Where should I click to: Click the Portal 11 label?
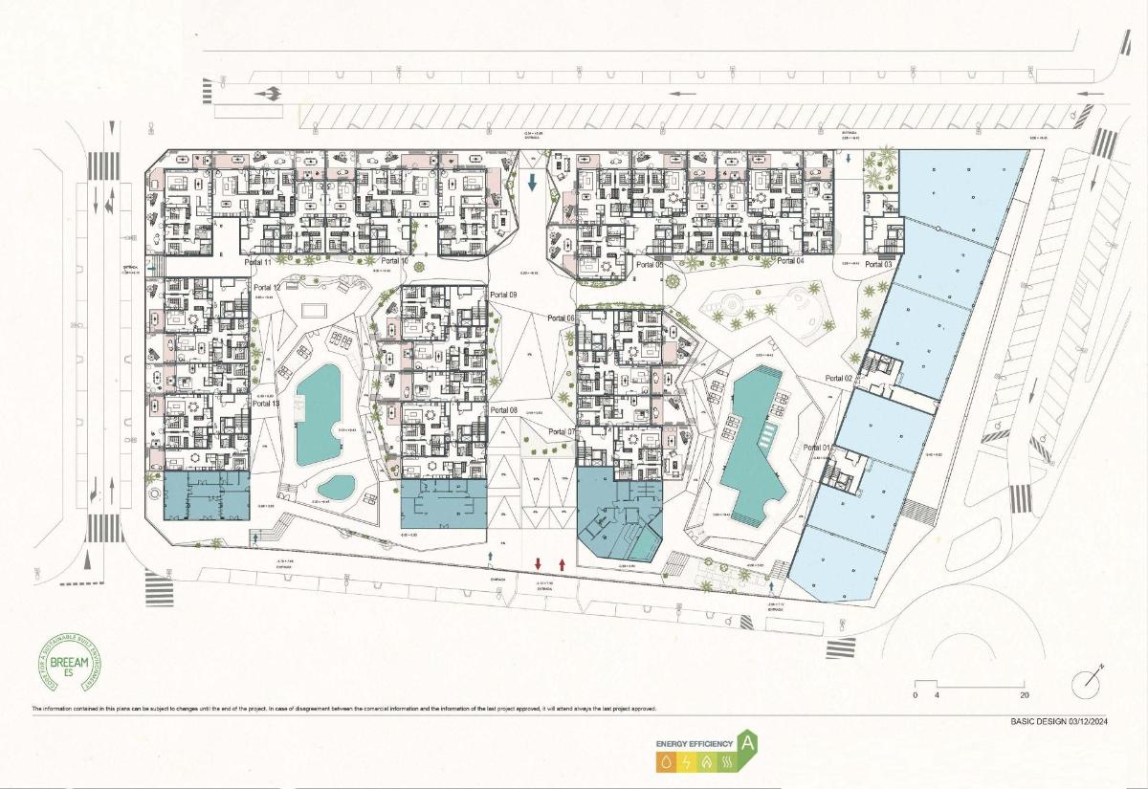[x=258, y=262]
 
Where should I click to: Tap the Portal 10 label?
[x=394, y=261]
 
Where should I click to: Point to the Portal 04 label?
[x=790, y=261]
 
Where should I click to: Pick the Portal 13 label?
[x=267, y=405]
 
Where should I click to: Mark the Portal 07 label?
[x=563, y=432]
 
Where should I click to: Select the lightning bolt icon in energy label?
[x=685, y=762]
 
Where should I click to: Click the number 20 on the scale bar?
[x=1024, y=695]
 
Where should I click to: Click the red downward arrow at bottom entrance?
[x=539, y=564]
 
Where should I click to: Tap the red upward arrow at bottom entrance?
[x=562, y=564]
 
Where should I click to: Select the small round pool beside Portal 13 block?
[x=336, y=487]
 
